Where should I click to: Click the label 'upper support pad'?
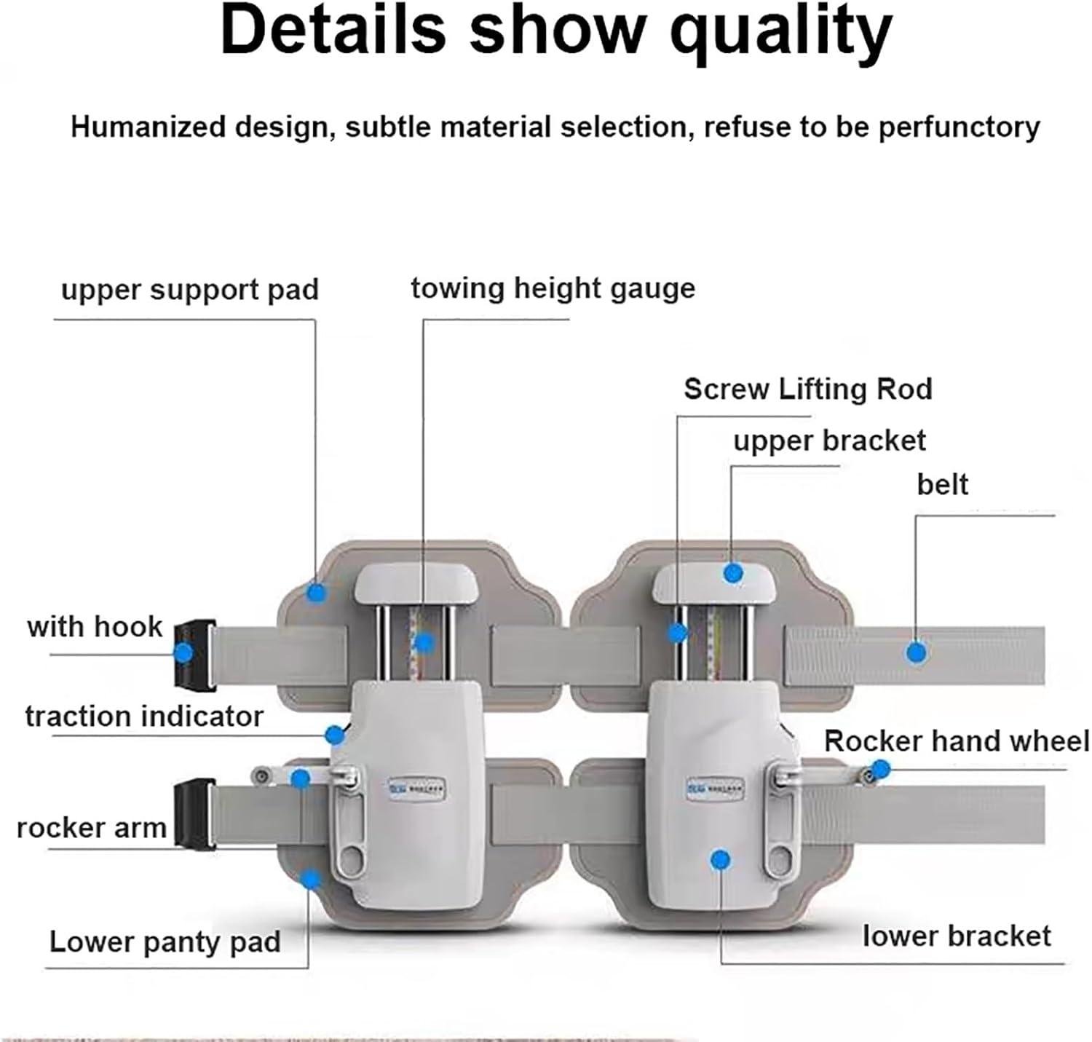190,290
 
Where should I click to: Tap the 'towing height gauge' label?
553,288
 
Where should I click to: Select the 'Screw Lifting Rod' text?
807,389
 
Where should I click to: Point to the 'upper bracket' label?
829,441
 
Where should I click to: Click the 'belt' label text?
942,484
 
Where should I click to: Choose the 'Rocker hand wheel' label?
956,741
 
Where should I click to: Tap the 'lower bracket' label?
956,936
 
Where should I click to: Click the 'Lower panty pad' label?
165,942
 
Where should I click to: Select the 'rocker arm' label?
92,828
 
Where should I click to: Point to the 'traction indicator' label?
144,717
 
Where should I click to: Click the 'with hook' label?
95,626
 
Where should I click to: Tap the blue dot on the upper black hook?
184,652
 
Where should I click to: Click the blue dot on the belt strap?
917,652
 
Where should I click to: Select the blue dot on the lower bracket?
721,860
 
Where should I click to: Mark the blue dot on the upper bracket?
733,573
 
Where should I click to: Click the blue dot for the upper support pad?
315,593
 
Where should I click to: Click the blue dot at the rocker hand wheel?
880,769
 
